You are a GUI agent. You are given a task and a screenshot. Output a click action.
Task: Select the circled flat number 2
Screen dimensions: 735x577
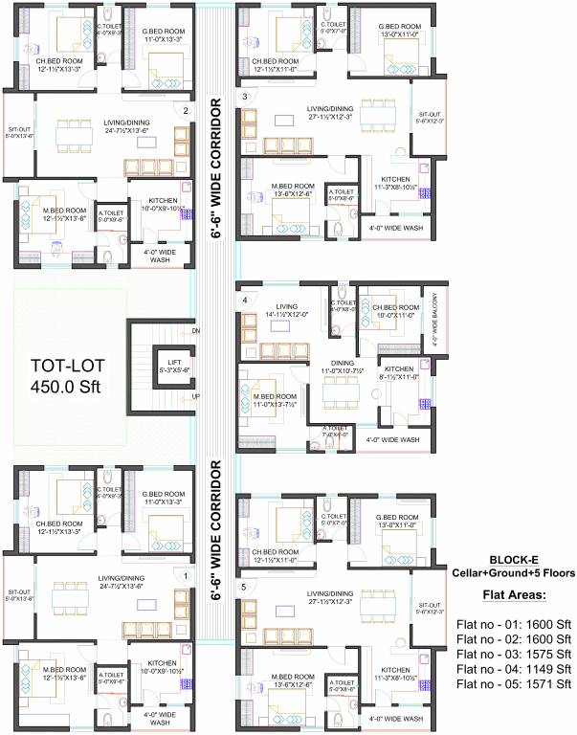pyautogui.click(x=186, y=110)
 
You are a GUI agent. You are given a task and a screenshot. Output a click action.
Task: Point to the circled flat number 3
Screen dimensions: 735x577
pyautogui.click(x=245, y=97)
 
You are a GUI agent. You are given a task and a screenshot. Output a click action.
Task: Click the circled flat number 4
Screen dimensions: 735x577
pyautogui.click(x=245, y=301)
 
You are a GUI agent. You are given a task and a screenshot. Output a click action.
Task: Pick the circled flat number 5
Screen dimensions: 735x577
pyautogui.click(x=245, y=587)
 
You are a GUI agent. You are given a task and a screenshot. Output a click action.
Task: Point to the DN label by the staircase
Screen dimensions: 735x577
pyautogui.click(x=195, y=331)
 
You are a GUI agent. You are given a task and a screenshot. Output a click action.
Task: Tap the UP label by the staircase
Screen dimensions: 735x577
pyautogui.click(x=195, y=396)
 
